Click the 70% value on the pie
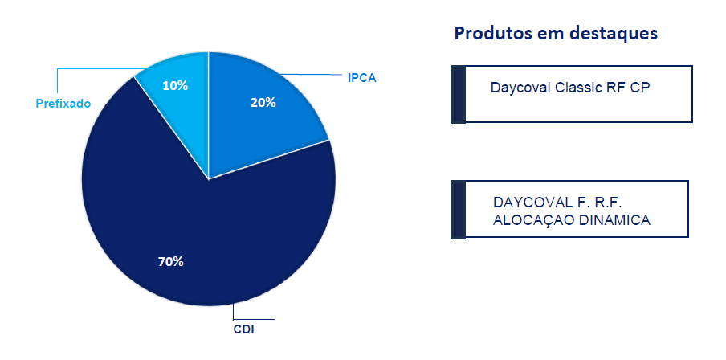point(171,262)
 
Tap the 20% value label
point(263,103)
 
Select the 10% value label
point(175,86)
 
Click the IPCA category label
point(362,78)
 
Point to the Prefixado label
point(63,104)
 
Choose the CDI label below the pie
point(243,330)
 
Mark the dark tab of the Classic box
point(458,94)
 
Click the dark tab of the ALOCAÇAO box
point(458,210)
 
